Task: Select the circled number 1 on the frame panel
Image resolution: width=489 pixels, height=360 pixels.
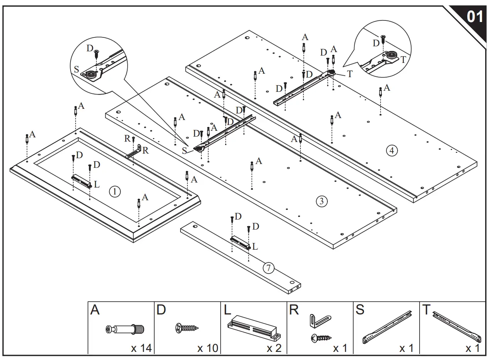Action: (x=115, y=191)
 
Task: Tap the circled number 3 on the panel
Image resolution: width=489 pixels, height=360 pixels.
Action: (x=322, y=201)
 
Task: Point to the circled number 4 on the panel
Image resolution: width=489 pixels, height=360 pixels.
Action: (x=391, y=151)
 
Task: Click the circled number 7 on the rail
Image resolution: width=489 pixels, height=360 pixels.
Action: (x=268, y=267)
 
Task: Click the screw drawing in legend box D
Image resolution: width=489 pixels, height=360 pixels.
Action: (x=187, y=328)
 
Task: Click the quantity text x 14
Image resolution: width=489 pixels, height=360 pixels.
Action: (x=141, y=348)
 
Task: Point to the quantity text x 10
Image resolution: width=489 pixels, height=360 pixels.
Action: (x=207, y=348)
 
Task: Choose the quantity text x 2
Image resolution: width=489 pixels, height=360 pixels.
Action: (x=274, y=348)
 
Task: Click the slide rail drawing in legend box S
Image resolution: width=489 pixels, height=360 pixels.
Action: (x=387, y=327)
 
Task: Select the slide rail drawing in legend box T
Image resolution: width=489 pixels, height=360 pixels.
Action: (x=457, y=327)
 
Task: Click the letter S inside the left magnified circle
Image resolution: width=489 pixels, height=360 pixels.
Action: (x=76, y=69)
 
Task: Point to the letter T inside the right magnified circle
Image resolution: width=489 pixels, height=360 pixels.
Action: (x=403, y=59)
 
